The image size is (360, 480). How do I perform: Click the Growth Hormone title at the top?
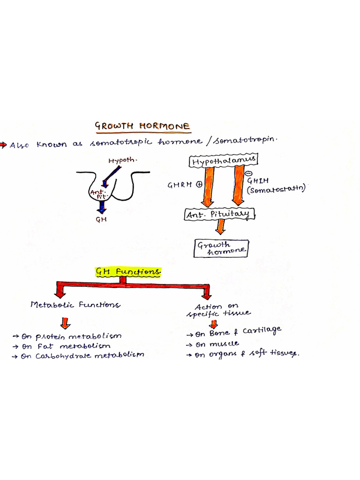click(x=142, y=126)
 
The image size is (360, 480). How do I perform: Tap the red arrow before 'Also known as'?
click(x=4, y=144)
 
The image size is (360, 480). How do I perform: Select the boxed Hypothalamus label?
click(x=223, y=161)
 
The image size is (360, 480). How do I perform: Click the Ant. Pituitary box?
click(x=219, y=215)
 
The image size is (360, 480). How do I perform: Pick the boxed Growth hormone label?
click(x=221, y=247)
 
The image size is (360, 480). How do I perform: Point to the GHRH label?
click(x=180, y=185)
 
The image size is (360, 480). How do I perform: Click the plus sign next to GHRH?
click(x=199, y=185)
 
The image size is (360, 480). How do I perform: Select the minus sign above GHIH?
click(x=248, y=173)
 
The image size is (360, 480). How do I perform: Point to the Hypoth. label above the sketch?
click(x=123, y=161)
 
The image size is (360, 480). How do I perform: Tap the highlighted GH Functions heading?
click(x=128, y=272)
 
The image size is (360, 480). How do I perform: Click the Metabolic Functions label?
click(x=75, y=305)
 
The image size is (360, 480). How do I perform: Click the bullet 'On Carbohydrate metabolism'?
click(x=78, y=356)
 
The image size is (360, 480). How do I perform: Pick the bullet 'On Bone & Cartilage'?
click(x=234, y=332)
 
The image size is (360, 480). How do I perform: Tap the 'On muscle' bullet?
click(x=212, y=344)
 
